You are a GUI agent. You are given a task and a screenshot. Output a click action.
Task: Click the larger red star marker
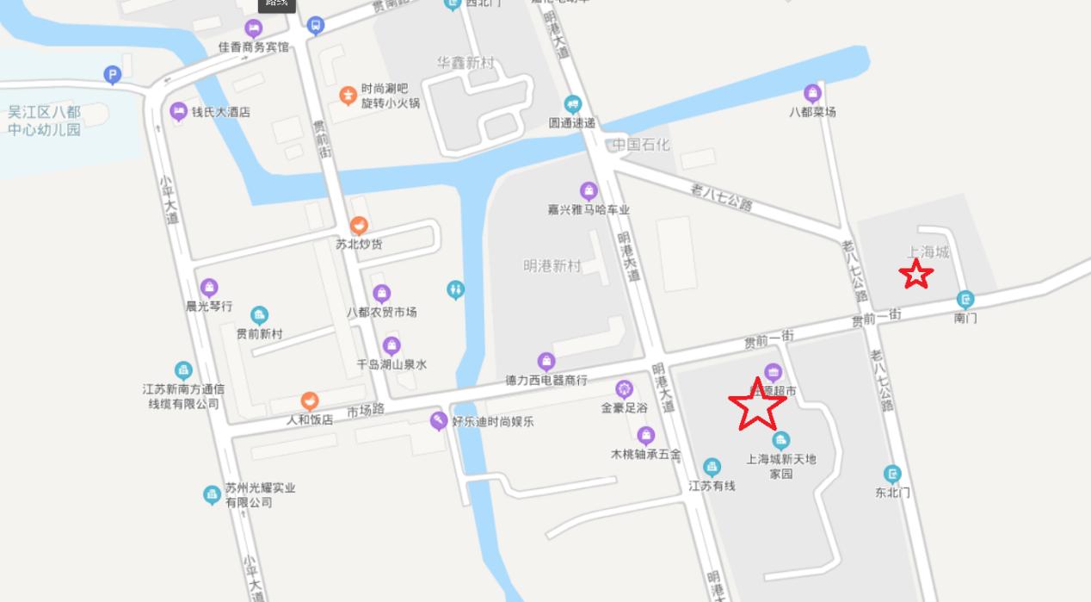click(x=757, y=406)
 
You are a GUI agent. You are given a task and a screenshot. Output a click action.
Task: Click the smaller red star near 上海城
click(x=915, y=275)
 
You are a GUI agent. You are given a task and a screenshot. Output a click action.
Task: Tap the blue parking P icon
click(x=113, y=75)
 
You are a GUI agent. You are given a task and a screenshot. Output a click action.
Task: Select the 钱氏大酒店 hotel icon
click(x=178, y=111)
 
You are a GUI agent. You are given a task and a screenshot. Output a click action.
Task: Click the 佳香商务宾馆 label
click(x=254, y=47)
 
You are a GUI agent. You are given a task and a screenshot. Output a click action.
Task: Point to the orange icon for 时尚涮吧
click(x=348, y=96)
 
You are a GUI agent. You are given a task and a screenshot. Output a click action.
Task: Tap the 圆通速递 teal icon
click(x=572, y=105)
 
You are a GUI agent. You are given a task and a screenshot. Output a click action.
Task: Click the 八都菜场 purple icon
click(x=812, y=93)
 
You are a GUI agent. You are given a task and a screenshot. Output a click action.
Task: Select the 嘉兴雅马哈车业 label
click(x=589, y=209)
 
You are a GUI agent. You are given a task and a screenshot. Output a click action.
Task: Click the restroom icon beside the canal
click(x=456, y=290)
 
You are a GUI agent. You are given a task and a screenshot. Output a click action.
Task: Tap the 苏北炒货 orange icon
click(x=359, y=226)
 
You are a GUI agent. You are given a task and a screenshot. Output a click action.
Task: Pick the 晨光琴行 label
click(x=209, y=306)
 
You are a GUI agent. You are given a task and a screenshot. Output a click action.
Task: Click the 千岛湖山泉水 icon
click(x=391, y=346)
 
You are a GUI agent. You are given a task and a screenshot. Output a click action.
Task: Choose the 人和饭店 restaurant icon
click(x=310, y=401)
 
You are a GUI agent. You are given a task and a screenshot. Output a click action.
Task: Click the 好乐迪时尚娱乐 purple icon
click(x=439, y=421)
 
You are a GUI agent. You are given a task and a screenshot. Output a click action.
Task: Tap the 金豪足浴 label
click(x=624, y=408)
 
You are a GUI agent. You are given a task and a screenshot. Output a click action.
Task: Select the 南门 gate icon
click(x=965, y=300)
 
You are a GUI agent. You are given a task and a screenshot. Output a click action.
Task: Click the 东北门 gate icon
click(x=892, y=475)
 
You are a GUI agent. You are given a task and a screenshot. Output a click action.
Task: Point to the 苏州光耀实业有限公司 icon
click(x=212, y=494)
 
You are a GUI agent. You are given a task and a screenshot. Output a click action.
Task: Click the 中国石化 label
click(x=640, y=144)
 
